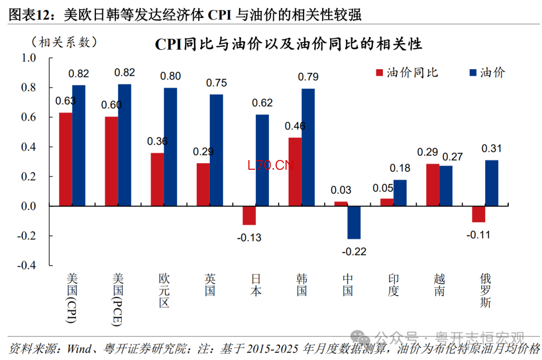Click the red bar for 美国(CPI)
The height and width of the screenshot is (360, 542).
[65, 160]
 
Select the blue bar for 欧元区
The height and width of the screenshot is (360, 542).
[170, 147]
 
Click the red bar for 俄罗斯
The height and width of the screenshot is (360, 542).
[478, 214]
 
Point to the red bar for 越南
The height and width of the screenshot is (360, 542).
[433, 185]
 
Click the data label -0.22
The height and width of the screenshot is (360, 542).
[354, 252]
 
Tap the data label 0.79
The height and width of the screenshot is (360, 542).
[308, 77]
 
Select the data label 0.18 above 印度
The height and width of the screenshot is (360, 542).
[400, 168]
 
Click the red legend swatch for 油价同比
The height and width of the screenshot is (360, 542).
[379, 73]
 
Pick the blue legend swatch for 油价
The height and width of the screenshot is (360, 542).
[473, 73]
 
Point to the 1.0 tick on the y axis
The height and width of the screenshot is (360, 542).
[29, 58]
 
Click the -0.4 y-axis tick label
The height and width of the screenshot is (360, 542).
[27, 266]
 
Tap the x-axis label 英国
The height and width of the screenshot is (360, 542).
[210, 284]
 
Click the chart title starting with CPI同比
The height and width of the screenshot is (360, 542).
[288, 44]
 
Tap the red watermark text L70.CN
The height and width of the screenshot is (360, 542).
[270, 166]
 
